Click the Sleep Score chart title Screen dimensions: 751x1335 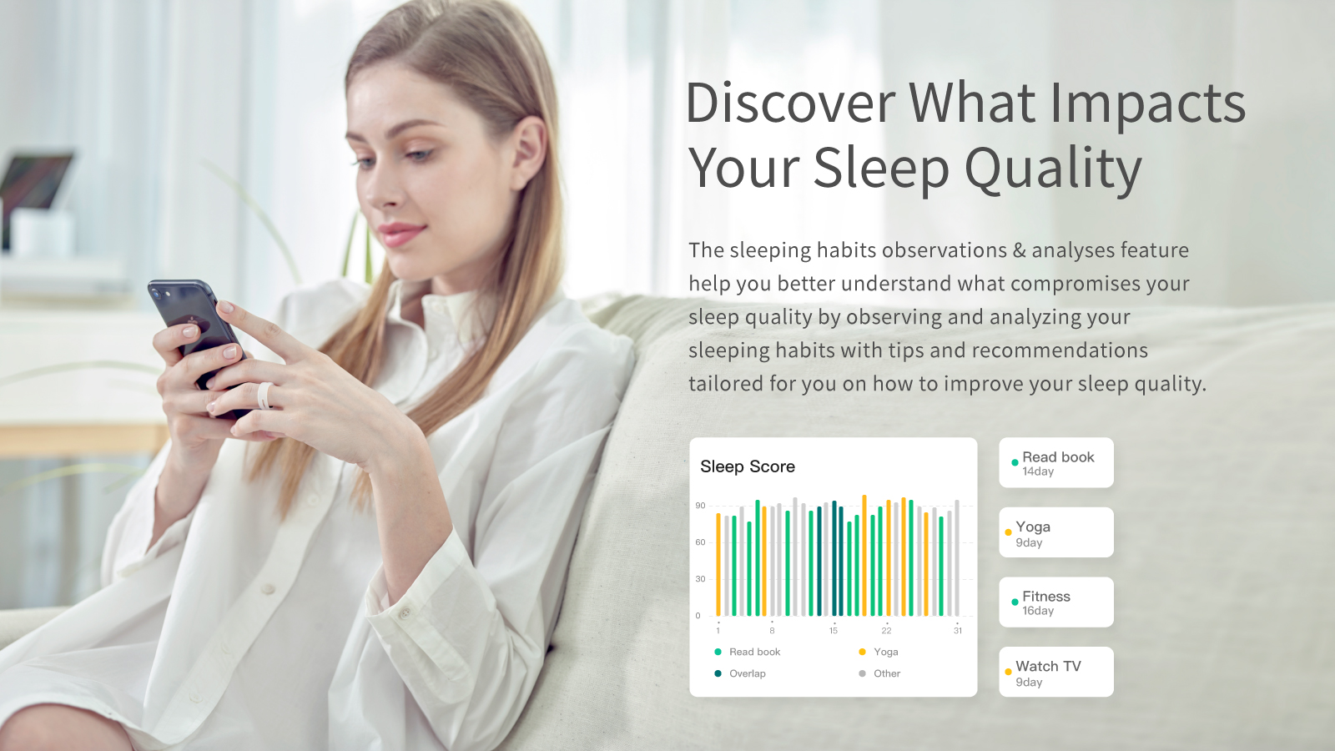point(748,466)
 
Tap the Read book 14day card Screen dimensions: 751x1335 point(1056,463)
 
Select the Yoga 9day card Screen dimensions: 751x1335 point(1056,532)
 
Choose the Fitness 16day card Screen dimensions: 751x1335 point(1056,602)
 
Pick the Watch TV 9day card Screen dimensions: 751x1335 point(1056,672)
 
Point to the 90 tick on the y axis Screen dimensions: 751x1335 point(700,506)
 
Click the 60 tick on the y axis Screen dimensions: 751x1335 point(700,542)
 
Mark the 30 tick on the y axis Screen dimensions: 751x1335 point(700,579)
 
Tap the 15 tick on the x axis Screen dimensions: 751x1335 point(833,631)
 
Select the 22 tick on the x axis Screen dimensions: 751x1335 point(886,631)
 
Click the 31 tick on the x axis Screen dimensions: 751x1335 point(958,631)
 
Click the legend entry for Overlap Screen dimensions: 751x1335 point(747,673)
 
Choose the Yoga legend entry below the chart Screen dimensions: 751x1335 point(885,652)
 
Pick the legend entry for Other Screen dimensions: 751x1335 point(886,673)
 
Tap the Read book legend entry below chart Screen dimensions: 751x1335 point(754,652)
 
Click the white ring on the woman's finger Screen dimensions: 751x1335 point(264,396)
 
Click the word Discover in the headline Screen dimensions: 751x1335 point(789,103)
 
